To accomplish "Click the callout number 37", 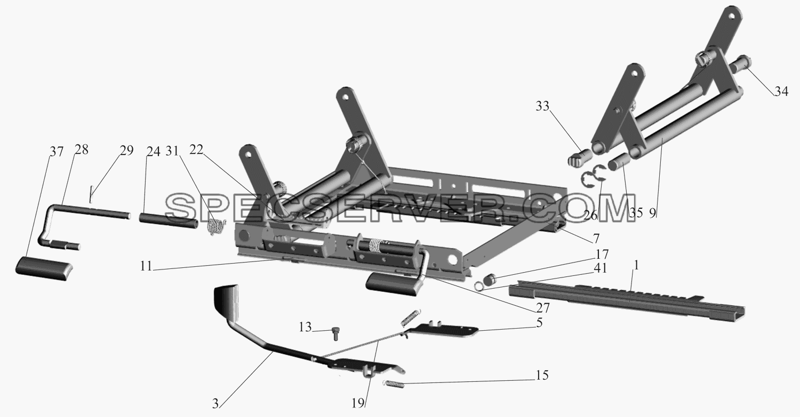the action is pos(56,152).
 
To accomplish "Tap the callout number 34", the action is pos(781,92).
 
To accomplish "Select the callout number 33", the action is pos(542,106).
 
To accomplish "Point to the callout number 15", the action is pos(542,375).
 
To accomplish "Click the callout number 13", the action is pos(306,327).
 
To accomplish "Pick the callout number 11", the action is pos(146,266).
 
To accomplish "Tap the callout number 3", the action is pos(215,404).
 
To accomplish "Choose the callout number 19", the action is pos(358,403).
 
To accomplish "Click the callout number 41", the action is pos(600,268).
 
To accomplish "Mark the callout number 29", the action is pos(126,151).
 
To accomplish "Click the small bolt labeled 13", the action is pos(335,334).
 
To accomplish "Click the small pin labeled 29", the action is pos(92,194).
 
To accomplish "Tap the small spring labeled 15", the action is pos(393,384).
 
